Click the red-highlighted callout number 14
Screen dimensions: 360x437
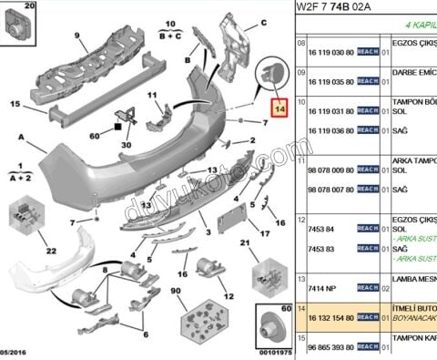278,108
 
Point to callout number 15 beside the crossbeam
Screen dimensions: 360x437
15,105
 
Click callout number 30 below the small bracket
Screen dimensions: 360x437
127,144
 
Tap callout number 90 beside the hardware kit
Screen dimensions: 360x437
176,292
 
